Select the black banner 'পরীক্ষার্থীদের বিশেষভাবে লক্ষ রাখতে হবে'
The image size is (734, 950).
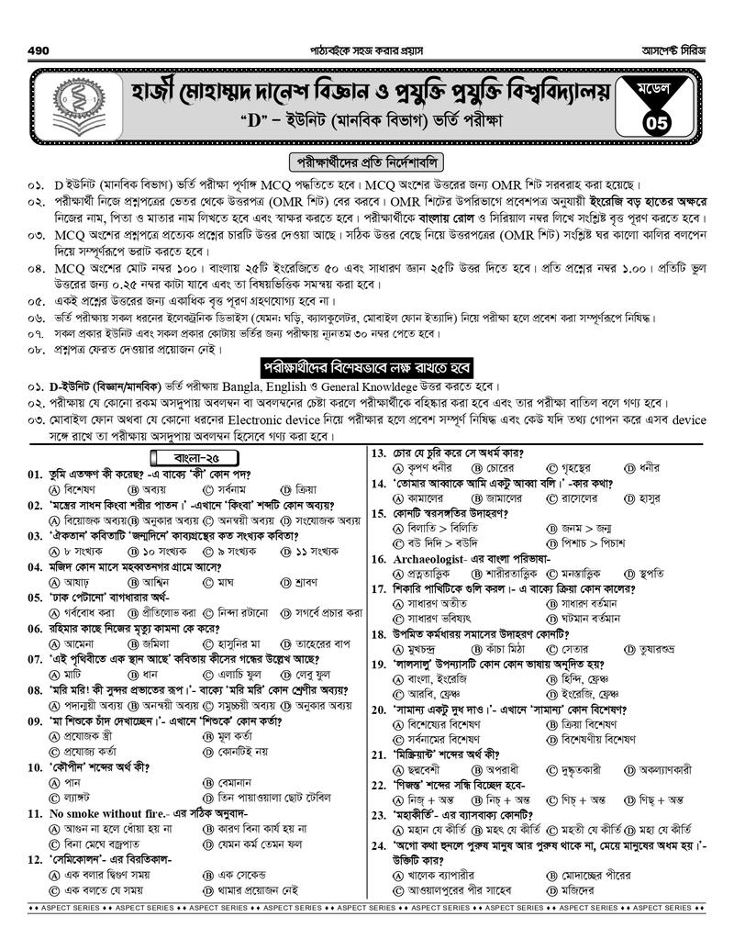coord(367,366)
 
